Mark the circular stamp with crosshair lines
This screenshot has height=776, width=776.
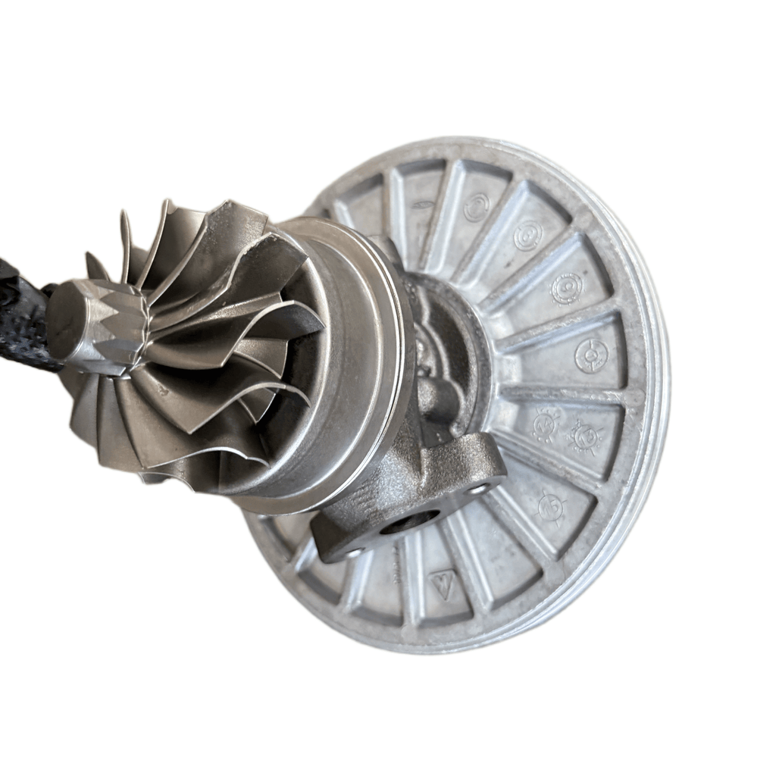591,355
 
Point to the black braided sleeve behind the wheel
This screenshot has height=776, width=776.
23,318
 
